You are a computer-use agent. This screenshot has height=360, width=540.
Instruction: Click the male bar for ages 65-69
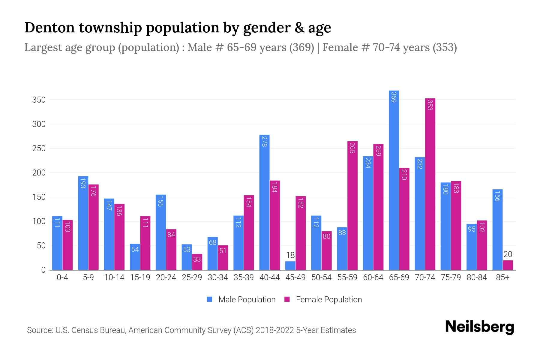[x=394, y=180]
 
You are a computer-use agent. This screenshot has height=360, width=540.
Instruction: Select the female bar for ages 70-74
[x=430, y=184]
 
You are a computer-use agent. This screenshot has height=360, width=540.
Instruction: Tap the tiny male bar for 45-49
[x=290, y=266]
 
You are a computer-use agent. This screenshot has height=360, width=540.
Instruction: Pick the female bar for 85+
[x=508, y=265]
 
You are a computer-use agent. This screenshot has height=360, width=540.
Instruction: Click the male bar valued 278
[x=264, y=202]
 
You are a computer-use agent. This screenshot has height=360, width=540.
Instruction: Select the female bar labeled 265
[x=352, y=205]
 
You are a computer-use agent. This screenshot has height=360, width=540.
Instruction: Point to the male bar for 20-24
[x=161, y=232]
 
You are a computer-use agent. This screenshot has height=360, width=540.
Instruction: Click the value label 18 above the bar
[x=290, y=255]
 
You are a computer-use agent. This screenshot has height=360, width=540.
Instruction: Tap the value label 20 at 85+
[x=508, y=254]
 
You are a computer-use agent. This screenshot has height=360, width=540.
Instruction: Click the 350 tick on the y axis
[x=39, y=100]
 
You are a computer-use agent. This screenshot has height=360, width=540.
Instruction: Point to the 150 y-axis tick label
[x=39, y=197]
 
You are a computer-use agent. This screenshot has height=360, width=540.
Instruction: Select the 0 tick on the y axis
[x=43, y=270]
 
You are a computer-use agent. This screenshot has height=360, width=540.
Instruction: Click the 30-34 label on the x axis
[x=218, y=277]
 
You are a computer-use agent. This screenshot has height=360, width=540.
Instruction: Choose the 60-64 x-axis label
[x=373, y=277]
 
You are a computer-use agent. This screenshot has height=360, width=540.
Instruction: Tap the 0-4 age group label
[x=62, y=277]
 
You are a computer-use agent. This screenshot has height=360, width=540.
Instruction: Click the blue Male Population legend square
[x=209, y=299]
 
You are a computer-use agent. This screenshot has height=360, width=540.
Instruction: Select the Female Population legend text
[x=329, y=299]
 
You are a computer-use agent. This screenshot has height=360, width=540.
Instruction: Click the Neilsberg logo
[x=479, y=327]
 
